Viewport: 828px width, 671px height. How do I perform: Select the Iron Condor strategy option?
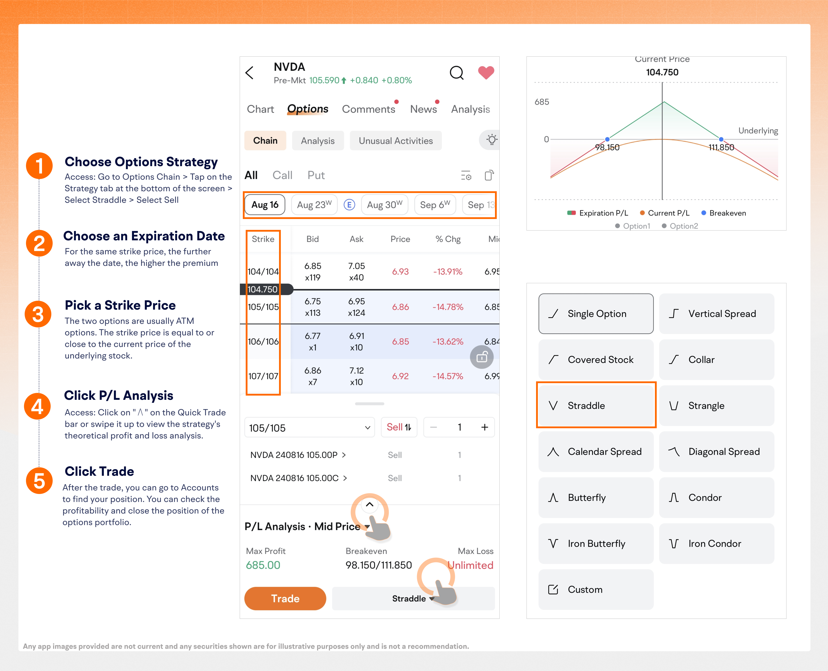[716, 544]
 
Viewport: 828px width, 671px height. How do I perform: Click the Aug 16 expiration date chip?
[265, 205]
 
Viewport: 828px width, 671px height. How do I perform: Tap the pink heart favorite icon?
[486, 72]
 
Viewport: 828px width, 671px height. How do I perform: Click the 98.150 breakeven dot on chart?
[607, 139]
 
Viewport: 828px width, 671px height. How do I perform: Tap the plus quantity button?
[484, 427]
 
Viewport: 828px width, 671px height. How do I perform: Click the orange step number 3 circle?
[38, 314]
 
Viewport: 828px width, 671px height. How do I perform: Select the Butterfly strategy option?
[596, 498]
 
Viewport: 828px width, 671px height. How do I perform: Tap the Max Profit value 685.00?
[263, 565]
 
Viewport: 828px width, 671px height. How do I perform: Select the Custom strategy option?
[596, 589]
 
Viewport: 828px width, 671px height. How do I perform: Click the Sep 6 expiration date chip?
[435, 205]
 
